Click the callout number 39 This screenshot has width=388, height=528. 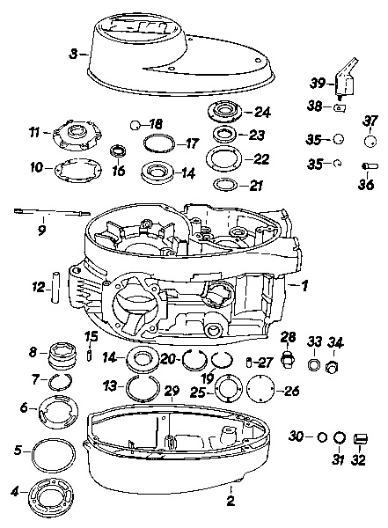[x=318, y=83]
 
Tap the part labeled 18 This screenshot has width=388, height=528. [x=135, y=125]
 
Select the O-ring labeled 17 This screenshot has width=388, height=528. [x=159, y=143]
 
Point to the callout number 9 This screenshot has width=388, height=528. [x=41, y=230]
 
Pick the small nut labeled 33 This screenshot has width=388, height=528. [x=314, y=364]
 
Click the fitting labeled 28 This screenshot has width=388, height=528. [x=288, y=359]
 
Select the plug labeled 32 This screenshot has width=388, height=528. [x=361, y=439]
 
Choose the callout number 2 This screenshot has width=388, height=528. [x=231, y=501]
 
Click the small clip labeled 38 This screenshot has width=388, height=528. [x=339, y=108]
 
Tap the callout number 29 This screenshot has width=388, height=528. [x=172, y=391]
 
